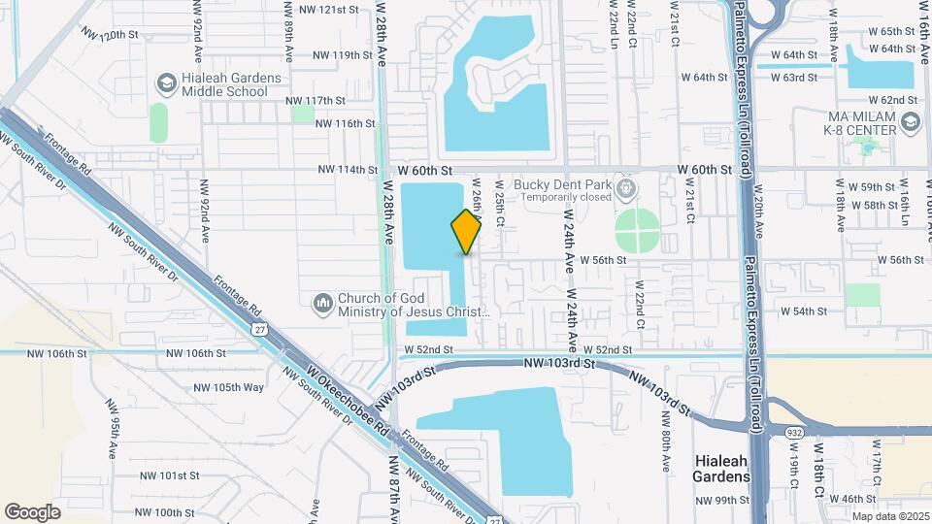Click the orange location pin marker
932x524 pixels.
coord(466,231)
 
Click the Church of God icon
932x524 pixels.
coord(323,306)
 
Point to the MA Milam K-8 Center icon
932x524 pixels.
coord(910,123)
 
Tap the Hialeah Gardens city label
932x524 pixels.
coord(720,469)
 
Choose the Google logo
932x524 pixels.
coord(32,511)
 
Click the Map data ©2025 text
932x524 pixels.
coord(890,516)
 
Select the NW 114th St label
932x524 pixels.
coord(347,170)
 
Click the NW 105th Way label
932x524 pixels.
coord(228,387)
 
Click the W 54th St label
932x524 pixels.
coord(803,311)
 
